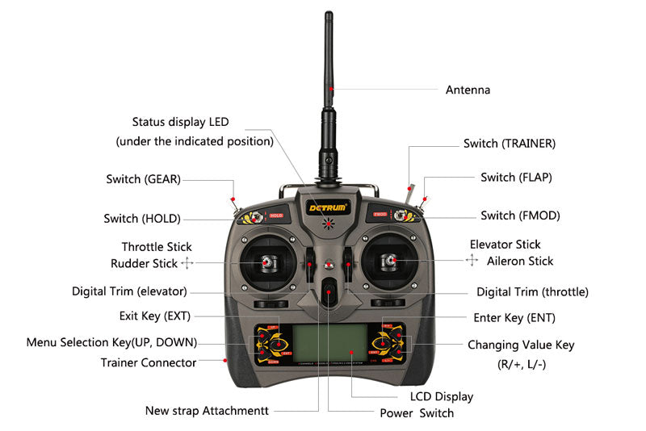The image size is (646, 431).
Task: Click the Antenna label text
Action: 468,90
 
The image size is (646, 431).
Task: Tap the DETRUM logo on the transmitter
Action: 327,207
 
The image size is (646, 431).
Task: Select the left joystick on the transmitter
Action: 266,263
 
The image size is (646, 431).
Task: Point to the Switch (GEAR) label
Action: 143,178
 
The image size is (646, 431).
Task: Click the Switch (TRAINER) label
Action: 509,143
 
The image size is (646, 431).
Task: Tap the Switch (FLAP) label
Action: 516,177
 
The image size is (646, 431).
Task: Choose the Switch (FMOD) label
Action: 519,215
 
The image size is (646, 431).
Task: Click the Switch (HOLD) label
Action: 142,218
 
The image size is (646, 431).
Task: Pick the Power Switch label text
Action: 417,413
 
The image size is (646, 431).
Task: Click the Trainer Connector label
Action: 149,362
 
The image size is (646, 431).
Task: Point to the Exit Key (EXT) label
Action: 154,315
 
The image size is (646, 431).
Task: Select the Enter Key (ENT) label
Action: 514,317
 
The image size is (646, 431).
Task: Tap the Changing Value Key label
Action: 521,345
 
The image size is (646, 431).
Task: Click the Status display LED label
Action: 181,122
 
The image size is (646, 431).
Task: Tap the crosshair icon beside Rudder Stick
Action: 187,263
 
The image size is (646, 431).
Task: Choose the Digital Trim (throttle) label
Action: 532,291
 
